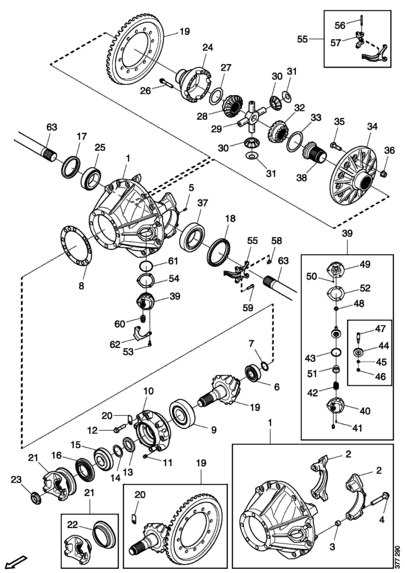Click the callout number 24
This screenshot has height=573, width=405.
tap(207, 47)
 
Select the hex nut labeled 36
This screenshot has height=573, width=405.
tap(383, 174)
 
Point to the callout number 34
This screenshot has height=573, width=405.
tap(372, 127)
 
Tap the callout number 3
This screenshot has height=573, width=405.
tap(332, 547)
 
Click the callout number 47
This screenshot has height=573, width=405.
tap(380, 329)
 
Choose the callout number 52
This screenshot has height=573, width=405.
tap(365, 288)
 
